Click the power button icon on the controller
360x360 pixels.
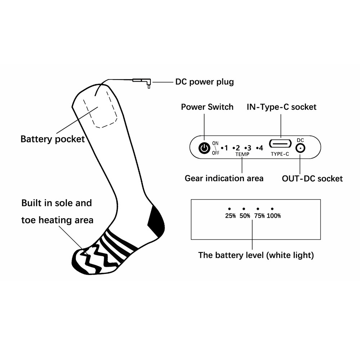[x=204, y=148]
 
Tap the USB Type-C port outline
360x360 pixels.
[x=280, y=144]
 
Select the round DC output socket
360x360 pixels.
[x=300, y=148]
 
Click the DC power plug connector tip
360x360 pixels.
[x=149, y=86]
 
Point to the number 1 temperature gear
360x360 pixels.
[x=226, y=148]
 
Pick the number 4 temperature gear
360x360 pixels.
[x=261, y=148]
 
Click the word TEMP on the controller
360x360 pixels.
[x=242, y=154]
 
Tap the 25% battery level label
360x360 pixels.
[x=230, y=216]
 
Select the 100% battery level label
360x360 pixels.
[x=274, y=216]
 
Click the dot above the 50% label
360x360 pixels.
[x=244, y=209]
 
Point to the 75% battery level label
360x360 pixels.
[x=260, y=216]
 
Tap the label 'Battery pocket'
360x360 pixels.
[x=53, y=139]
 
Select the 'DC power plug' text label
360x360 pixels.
[x=204, y=82]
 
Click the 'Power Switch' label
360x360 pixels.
[x=207, y=107]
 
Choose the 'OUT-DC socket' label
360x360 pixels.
[x=312, y=179]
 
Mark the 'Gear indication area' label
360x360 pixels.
[x=224, y=179]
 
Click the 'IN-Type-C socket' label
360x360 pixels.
[x=282, y=107]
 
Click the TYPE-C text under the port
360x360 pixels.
[x=280, y=154]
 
